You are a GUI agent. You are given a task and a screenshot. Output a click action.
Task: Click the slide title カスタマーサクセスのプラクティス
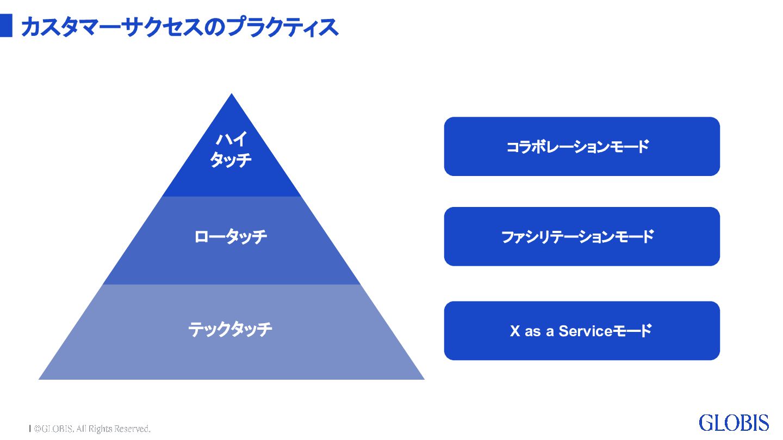tap(179, 26)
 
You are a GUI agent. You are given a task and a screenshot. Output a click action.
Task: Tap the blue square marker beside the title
tap(6, 26)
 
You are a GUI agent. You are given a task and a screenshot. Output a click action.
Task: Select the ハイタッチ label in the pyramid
tap(231, 150)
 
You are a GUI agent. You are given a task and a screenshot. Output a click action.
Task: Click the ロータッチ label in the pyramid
tap(231, 237)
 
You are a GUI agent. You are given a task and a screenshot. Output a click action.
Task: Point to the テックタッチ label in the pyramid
tap(231, 330)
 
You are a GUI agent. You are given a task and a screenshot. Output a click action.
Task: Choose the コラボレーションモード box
tap(582, 147)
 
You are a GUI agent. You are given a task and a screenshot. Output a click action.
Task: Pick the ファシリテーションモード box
tap(582, 237)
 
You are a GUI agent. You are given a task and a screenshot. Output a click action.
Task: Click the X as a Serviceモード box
tap(582, 331)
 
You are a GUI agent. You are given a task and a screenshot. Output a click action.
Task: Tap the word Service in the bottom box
tap(586, 331)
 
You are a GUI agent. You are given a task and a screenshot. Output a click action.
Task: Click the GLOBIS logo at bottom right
tap(734, 423)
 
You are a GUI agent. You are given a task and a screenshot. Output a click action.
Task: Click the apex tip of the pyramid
tap(232, 96)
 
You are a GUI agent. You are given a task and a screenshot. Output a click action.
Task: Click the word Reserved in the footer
tap(132, 429)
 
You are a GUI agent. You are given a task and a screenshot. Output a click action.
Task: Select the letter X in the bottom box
tap(515, 331)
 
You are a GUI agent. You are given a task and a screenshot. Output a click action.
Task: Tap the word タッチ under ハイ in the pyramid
tap(231, 160)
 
